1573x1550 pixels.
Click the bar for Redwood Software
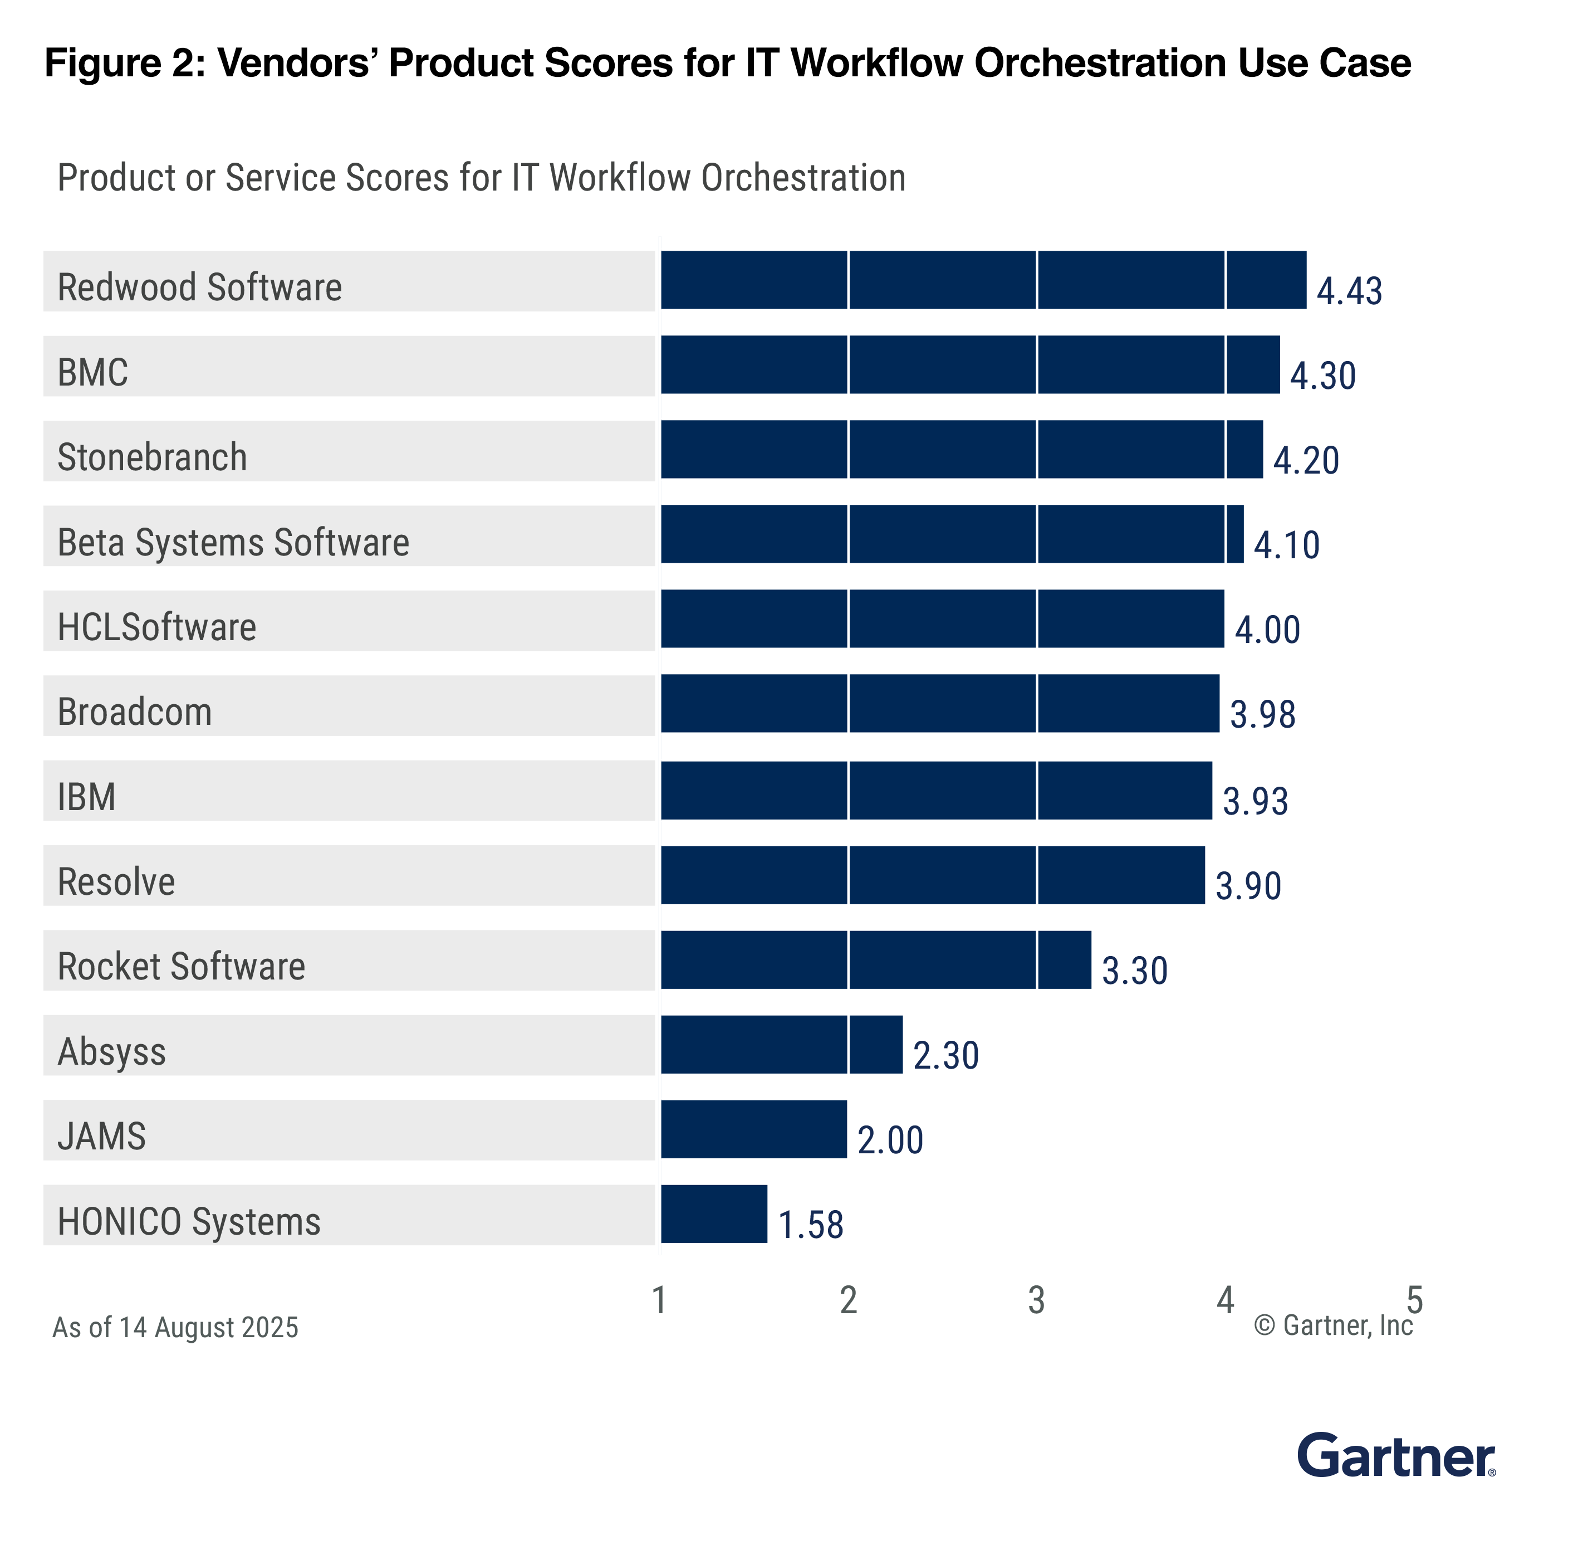pyautogui.click(x=982, y=280)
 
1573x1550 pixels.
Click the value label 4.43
pyautogui.click(x=1349, y=291)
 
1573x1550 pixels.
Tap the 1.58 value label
pyautogui.click(x=811, y=1225)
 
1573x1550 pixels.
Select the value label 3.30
pyautogui.click(x=1134, y=971)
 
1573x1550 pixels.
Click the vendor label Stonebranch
pyautogui.click(x=152, y=457)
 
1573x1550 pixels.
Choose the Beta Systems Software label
pyautogui.click(x=233, y=542)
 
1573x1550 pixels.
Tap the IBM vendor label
pyautogui.click(x=86, y=796)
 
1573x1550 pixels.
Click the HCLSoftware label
pyautogui.click(x=156, y=627)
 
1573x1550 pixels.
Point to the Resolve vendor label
pyautogui.click(x=116, y=881)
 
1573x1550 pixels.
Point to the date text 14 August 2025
pyautogui.click(x=208, y=1327)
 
